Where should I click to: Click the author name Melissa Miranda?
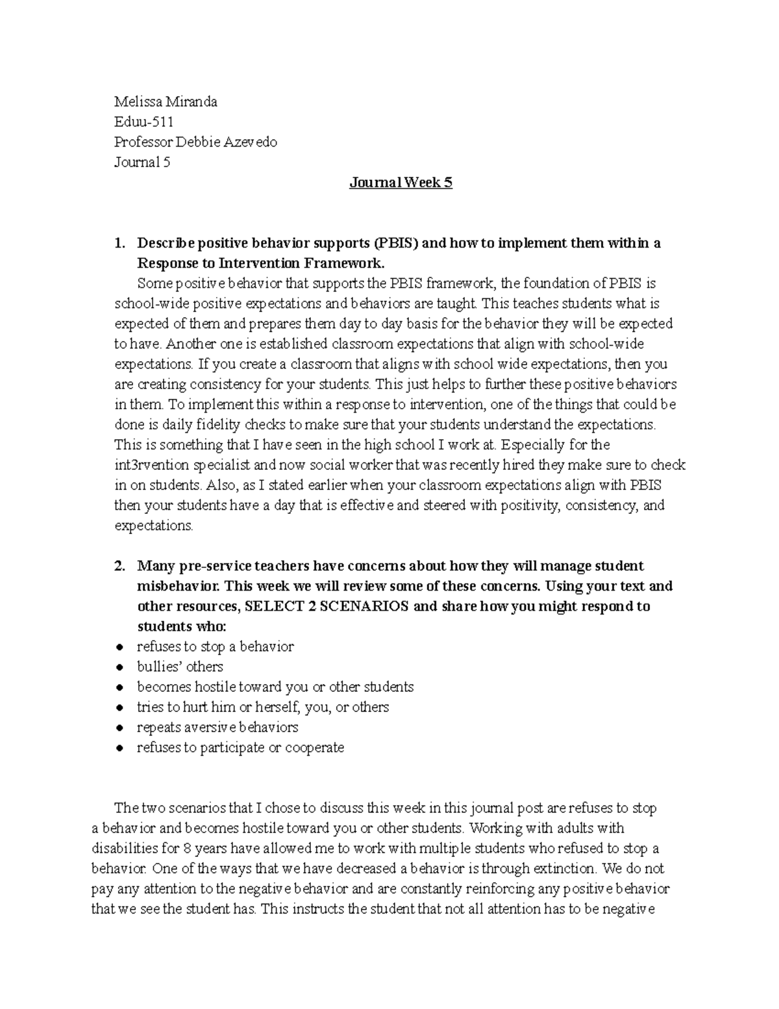click(x=166, y=101)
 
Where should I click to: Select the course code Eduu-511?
click(x=143, y=121)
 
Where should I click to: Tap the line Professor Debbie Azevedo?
click(x=195, y=142)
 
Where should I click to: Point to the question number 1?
click(x=119, y=243)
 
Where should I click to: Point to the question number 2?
click(x=119, y=566)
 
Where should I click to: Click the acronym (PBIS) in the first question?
click(x=396, y=243)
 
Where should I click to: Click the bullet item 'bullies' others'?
click(x=180, y=667)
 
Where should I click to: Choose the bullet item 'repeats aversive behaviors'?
click(x=217, y=727)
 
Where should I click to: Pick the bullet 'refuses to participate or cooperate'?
click(x=240, y=747)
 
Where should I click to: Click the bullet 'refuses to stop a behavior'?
click(x=215, y=646)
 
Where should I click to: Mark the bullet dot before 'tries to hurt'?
click(x=119, y=708)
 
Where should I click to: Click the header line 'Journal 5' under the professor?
click(x=142, y=162)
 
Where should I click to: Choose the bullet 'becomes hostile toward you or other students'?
click(x=275, y=687)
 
